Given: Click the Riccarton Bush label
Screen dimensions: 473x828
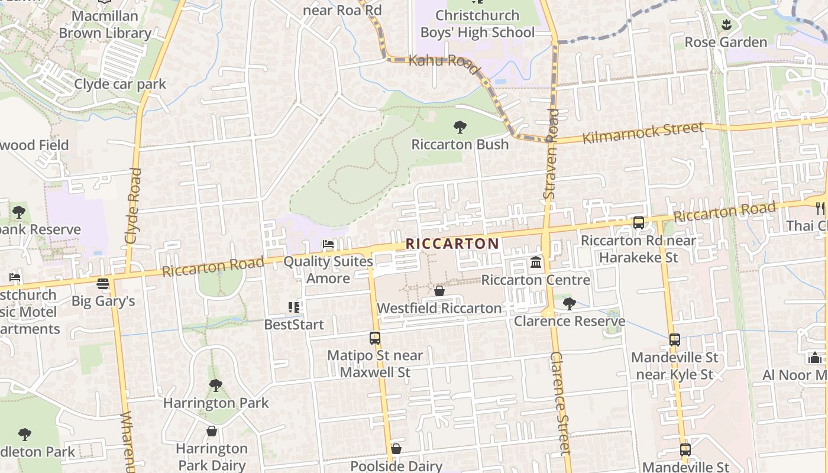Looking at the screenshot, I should pos(460,144).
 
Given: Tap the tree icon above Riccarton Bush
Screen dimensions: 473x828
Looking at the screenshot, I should pos(460,127).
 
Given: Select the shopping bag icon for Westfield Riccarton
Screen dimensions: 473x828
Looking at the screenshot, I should pos(439,291).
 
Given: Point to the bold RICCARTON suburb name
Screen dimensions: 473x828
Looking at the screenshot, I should pos(452,244).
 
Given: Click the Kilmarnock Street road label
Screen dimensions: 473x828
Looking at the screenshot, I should pos(643,133).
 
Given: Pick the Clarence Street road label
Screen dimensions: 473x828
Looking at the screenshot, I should pos(560,402).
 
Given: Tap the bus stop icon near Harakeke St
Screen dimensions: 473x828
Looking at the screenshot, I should pos(638,223).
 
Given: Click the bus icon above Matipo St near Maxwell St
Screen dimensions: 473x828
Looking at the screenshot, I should pos(375,338).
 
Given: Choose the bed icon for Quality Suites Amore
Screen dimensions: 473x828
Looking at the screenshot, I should pos(328,244).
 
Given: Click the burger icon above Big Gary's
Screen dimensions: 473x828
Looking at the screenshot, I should pos(103,284).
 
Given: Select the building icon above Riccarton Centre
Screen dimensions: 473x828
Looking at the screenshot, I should pos(536,262).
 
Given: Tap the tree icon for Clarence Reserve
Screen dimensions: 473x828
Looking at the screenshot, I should pos(569,304).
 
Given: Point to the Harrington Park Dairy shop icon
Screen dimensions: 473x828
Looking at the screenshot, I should pos(211,431).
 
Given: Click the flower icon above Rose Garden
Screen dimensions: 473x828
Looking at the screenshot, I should pos(726,25).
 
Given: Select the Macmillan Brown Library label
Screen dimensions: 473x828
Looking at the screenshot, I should pos(105,24).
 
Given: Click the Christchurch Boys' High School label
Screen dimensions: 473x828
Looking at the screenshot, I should pos(477,24).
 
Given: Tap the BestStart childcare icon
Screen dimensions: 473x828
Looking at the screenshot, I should pos(294,307).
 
